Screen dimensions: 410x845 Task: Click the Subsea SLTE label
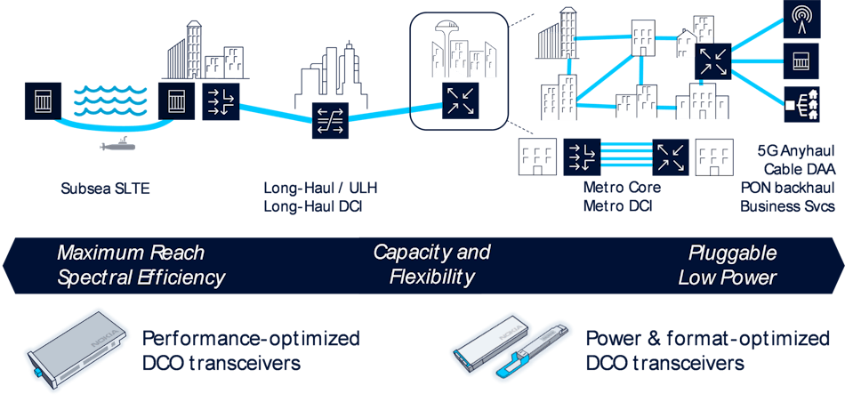pos(105,189)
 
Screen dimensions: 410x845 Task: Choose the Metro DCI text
pos(618,206)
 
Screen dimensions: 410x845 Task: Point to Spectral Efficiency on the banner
pos(141,277)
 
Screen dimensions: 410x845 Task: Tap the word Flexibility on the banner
pos(431,277)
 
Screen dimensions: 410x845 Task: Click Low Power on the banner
pos(727,277)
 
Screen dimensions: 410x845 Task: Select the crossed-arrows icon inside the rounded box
pos(460,100)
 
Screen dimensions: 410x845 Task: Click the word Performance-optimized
pos(251,339)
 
